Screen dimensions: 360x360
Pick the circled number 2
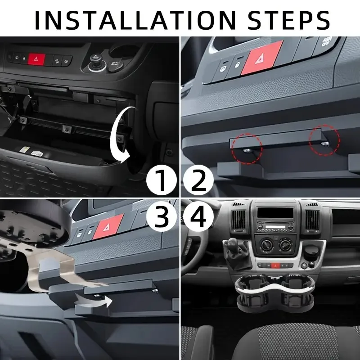[198, 181]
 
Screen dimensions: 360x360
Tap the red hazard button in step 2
[261, 58]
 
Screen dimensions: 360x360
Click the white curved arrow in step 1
[122, 135]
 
